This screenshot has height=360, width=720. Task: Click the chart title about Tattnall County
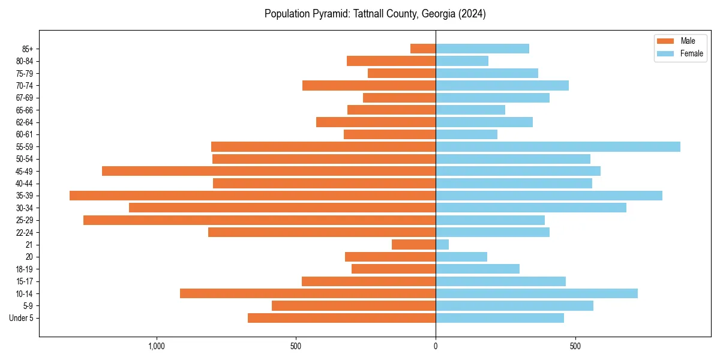tap(375, 14)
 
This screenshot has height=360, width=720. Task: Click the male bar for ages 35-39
tap(253, 196)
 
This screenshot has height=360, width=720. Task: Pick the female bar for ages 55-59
tap(558, 146)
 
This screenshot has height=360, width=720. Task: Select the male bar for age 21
tap(413, 244)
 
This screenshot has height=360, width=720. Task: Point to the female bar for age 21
tap(442, 244)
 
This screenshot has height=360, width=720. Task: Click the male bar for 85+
tap(423, 49)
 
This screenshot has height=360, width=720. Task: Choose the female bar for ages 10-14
tap(536, 293)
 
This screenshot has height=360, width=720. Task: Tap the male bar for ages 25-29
tap(259, 220)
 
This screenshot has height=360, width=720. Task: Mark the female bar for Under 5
tap(500, 318)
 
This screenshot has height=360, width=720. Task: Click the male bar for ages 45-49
tap(269, 171)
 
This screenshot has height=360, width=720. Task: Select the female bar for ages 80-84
tap(462, 61)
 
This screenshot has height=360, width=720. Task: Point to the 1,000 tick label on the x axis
tap(156, 346)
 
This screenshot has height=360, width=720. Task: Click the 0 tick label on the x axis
tap(436, 346)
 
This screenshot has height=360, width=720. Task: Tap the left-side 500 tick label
tap(296, 346)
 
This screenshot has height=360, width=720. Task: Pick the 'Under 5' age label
tap(21, 318)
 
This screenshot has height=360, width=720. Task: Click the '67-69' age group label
tap(24, 98)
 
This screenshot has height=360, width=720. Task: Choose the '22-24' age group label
tap(24, 232)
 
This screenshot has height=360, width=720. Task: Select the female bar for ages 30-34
tap(531, 208)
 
